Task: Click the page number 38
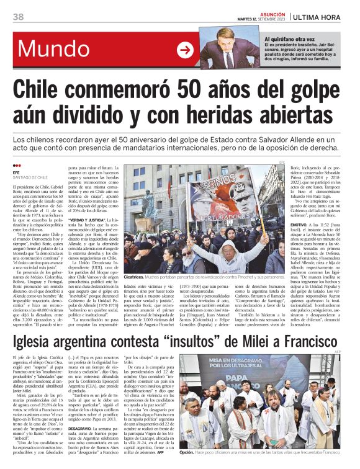(x=18, y=16)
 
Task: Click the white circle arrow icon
(x=185, y=50)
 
